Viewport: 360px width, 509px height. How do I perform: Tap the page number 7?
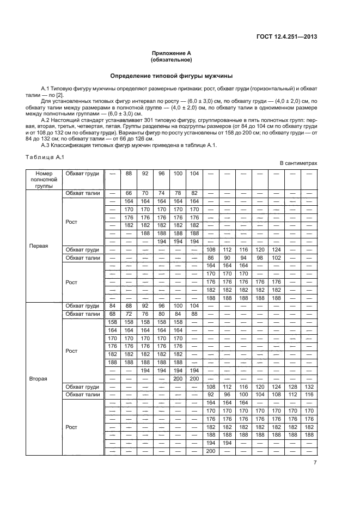[315, 462]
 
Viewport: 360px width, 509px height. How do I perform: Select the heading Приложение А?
[172, 53]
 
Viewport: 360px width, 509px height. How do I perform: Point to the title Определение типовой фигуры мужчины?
[172, 76]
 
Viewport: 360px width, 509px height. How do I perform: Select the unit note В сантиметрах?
[298, 163]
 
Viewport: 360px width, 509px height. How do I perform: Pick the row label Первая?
[39, 246]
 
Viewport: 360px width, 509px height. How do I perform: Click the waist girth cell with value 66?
[129, 193]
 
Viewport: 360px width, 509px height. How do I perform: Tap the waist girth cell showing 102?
[277, 257]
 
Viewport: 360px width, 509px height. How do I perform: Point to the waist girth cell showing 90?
[228, 257]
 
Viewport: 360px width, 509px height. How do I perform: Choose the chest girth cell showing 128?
[293, 386]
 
